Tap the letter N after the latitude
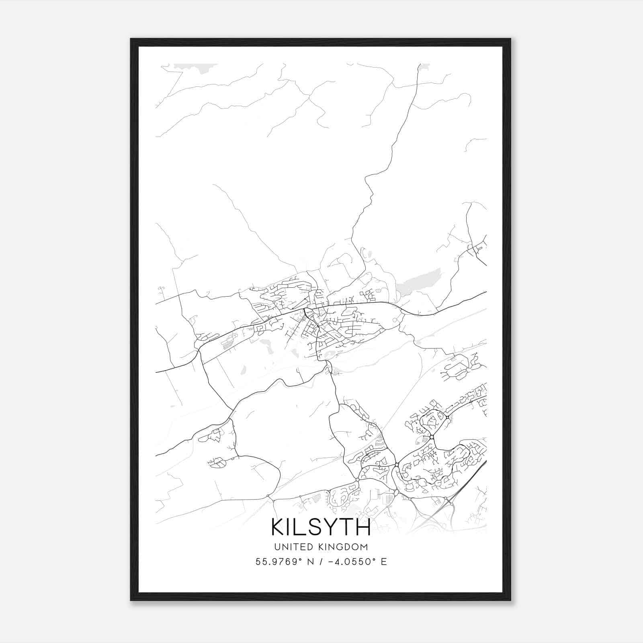click(309, 562)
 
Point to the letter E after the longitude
click(384, 562)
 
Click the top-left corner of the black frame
click(131, 39)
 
